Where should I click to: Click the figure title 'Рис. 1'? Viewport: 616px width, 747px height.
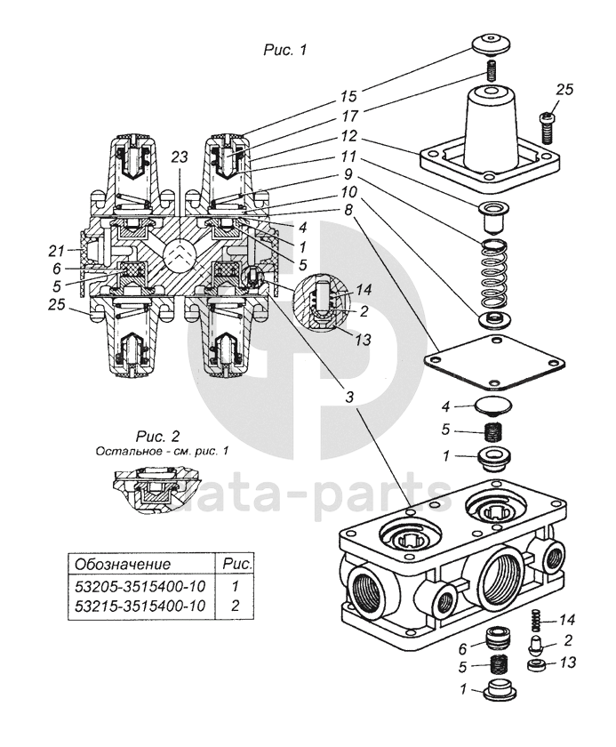point(285,50)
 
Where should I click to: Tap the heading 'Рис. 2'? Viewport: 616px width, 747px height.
point(157,436)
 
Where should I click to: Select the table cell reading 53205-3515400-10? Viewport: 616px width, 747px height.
point(140,585)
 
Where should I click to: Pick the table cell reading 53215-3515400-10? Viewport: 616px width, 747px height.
point(140,606)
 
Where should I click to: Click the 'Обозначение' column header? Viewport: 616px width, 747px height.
point(123,564)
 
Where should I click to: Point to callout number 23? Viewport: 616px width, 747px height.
point(180,157)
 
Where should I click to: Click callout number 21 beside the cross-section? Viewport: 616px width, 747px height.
point(56,249)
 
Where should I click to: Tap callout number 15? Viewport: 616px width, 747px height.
point(348,96)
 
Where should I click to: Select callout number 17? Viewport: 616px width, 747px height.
point(348,116)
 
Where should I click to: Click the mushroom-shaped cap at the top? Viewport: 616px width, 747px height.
point(492,44)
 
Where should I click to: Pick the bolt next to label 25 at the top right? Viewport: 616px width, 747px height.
point(548,126)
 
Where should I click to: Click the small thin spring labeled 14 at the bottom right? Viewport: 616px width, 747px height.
point(536,620)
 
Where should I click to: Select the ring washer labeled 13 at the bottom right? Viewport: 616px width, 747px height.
point(537,664)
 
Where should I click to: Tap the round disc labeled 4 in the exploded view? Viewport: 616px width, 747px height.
point(494,406)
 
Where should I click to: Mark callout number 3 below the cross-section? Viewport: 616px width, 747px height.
point(350,397)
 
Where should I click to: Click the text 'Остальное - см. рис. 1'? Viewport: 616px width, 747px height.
point(162,451)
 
